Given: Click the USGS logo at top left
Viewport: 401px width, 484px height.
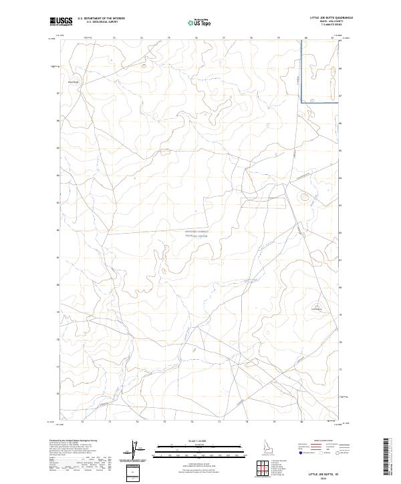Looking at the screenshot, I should pos(61,21).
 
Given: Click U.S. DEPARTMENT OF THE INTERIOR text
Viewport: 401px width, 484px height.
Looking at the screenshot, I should pos(101,19).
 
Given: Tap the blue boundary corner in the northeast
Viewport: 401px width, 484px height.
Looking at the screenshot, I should pos(301,101).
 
